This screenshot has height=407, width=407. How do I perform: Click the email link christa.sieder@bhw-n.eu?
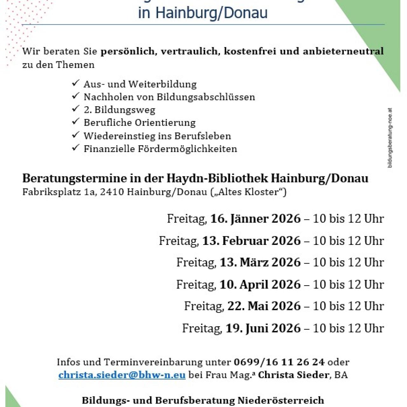click(x=122, y=375)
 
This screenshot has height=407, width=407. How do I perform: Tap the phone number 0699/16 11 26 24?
click(x=279, y=362)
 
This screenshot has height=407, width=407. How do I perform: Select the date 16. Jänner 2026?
click(x=255, y=219)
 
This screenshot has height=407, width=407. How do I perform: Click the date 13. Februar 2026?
click(x=251, y=241)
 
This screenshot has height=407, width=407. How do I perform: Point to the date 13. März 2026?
click(x=260, y=262)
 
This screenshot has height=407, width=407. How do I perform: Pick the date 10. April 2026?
click(x=260, y=284)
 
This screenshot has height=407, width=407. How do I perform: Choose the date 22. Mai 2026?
click(x=264, y=306)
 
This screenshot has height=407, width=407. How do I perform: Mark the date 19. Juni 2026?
click(x=263, y=328)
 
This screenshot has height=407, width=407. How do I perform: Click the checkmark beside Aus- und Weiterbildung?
click(x=75, y=83)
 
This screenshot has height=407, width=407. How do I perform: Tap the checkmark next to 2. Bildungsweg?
click(x=75, y=109)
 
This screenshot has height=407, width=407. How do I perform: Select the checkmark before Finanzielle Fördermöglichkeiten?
click(x=75, y=148)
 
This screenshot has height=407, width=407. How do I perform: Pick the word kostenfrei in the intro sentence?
click(x=250, y=52)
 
